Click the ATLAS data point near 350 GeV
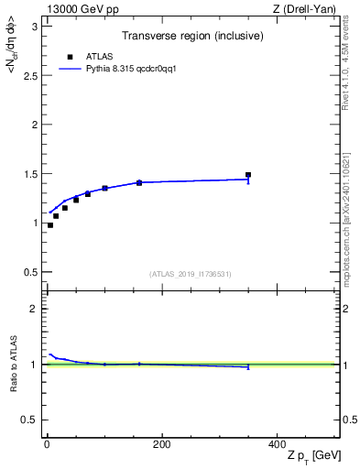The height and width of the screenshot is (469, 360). [248, 175]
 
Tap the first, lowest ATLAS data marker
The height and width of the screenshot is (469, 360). [50, 225]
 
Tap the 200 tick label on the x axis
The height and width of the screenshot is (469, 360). [161, 444]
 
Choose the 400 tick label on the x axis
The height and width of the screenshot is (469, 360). [276, 444]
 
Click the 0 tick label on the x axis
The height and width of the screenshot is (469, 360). [47, 444]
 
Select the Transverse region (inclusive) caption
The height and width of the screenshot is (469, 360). [192, 37]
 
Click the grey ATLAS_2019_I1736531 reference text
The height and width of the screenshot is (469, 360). [191, 274]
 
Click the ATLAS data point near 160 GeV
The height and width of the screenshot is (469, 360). [139, 183]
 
